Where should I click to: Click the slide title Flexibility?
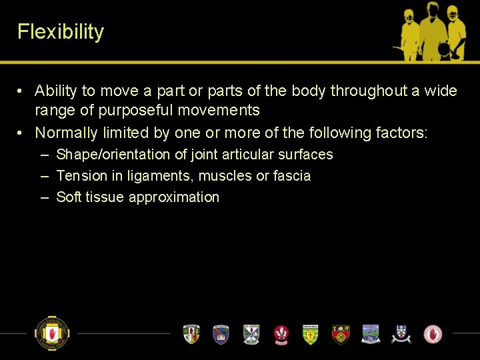tap(61, 32)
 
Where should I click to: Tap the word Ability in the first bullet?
tap(56, 91)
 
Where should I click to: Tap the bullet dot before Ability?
tap(22, 91)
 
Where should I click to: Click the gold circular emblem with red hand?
tap(52, 333)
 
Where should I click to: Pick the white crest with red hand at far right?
tap(433, 333)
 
